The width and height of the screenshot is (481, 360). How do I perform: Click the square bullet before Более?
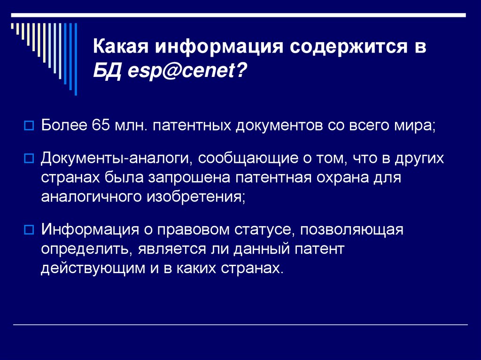point(28,126)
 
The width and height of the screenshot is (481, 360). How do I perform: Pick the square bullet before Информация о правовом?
point(28,230)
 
